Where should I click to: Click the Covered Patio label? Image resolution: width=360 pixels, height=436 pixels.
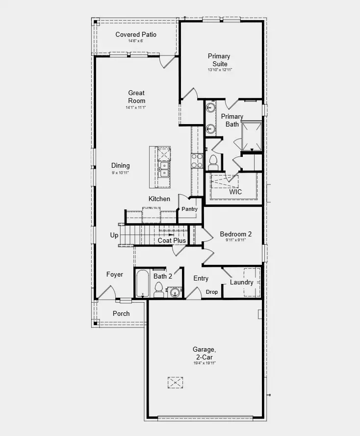(x=136, y=34)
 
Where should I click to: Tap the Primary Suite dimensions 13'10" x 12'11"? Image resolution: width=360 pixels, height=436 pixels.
(x=219, y=70)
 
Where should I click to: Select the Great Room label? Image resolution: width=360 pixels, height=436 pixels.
(x=136, y=97)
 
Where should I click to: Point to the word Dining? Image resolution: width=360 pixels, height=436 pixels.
(x=120, y=166)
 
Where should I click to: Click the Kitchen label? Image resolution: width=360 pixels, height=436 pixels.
(x=159, y=199)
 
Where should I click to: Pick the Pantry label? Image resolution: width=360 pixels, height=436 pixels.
(x=189, y=209)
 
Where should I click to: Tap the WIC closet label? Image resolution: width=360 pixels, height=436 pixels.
(x=235, y=192)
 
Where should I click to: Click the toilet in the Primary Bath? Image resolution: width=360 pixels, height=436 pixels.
(x=213, y=161)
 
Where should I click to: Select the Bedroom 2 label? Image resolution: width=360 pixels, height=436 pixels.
(x=235, y=234)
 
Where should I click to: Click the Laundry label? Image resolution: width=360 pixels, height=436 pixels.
(x=242, y=282)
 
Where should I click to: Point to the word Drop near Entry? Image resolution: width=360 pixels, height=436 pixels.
(x=211, y=292)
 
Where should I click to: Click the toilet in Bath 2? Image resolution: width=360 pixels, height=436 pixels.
(x=159, y=290)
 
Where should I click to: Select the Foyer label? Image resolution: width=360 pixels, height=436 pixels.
(x=115, y=275)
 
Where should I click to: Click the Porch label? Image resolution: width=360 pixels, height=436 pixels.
(x=121, y=313)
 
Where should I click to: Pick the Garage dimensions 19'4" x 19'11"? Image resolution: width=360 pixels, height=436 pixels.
(x=204, y=363)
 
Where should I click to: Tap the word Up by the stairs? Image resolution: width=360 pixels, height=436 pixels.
(x=114, y=235)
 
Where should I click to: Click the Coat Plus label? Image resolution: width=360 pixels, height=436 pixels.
(x=172, y=241)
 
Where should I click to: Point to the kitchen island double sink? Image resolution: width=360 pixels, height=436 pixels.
(x=165, y=169)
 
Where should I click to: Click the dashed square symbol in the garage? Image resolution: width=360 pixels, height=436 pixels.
(x=175, y=382)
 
